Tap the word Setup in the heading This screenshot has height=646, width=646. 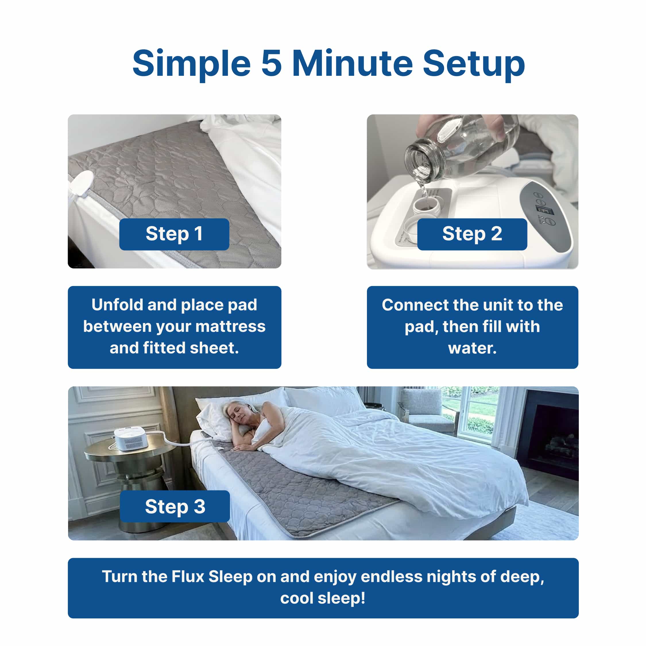point(473,64)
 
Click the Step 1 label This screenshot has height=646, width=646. point(174,234)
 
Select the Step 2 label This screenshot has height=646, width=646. point(472,234)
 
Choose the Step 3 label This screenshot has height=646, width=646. point(175,506)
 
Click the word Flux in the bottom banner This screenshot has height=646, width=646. point(187,577)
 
